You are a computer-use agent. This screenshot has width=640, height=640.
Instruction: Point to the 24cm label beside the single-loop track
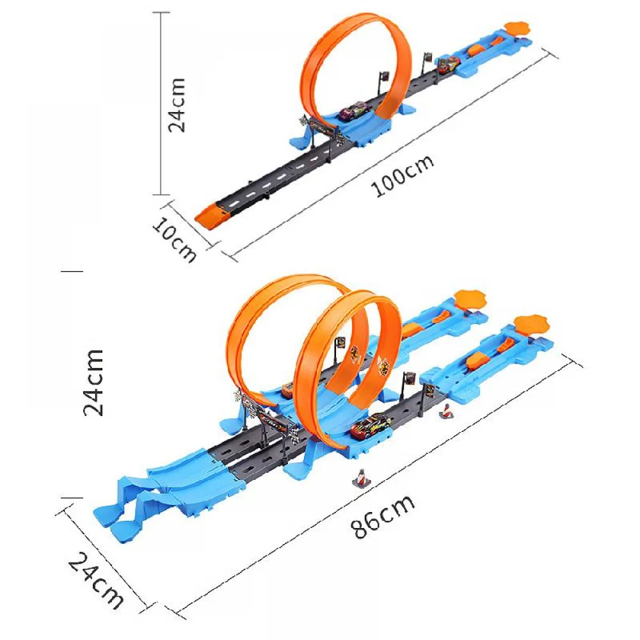177,104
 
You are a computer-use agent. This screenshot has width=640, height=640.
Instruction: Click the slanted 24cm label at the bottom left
96,580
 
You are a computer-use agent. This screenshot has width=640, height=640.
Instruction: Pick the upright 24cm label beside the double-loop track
94,382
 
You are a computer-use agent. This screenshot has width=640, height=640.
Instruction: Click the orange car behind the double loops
287,390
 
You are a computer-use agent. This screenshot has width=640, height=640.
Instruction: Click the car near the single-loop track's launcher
448,63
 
